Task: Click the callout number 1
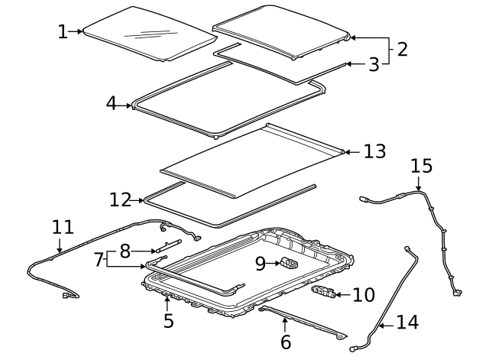(x=63, y=31)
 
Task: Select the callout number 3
(x=373, y=65)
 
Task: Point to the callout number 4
(x=112, y=103)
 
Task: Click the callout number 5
(x=169, y=321)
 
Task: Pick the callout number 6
(x=286, y=342)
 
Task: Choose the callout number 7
(x=98, y=259)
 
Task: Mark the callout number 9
(x=261, y=264)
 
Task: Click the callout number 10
(x=364, y=294)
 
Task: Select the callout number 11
(x=63, y=227)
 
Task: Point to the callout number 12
(x=120, y=200)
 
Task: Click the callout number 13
(x=374, y=151)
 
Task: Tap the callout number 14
(x=407, y=323)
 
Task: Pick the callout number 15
(x=421, y=166)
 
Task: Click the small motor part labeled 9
(x=290, y=264)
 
